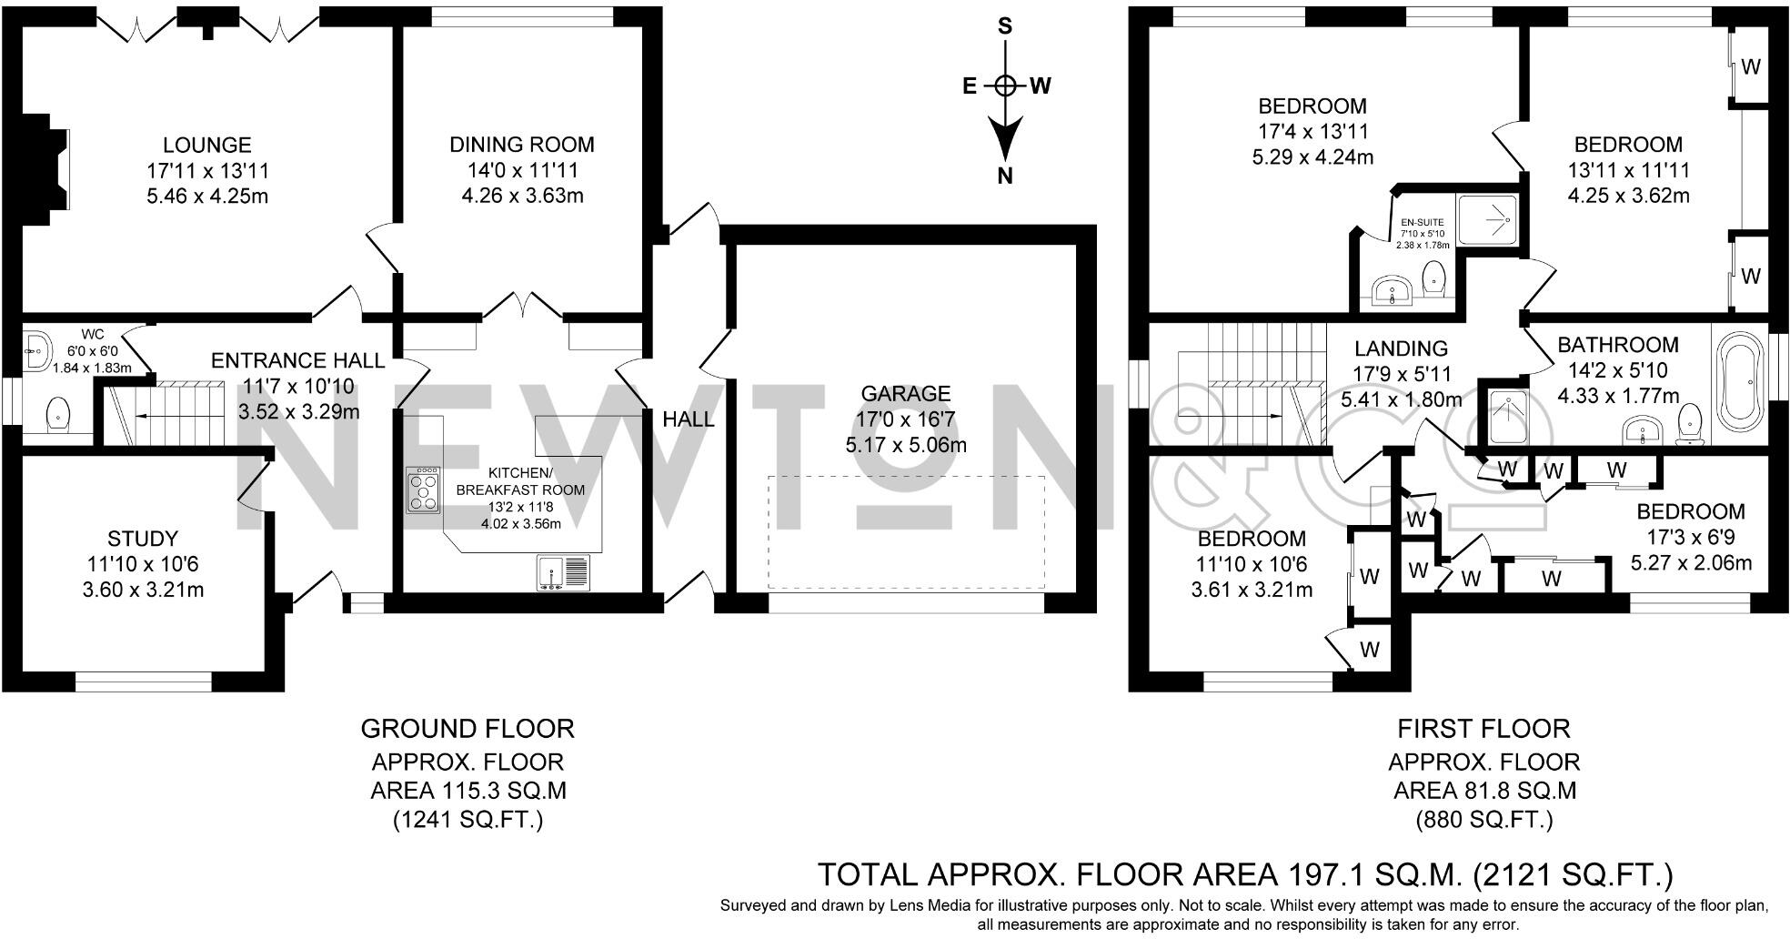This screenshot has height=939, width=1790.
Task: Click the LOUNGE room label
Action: [x=207, y=145]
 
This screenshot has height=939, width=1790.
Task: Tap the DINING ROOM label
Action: [x=522, y=145]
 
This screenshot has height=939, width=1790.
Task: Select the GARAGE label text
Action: [x=906, y=394]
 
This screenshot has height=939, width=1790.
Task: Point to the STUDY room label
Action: [x=143, y=539]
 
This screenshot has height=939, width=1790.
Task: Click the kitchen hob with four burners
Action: [x=423, y=490]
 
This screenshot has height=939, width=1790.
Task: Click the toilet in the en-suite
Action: [x=1434, y=278]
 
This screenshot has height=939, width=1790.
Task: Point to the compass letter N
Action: [x=1005, y=177]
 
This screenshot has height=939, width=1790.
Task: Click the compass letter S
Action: [x=1005, y=25]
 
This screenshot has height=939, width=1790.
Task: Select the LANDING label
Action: [x=1401, y=348]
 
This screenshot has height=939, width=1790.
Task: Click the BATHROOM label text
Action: [x=1618, y=345]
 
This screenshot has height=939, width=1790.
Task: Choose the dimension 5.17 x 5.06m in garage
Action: [x=906, y=445]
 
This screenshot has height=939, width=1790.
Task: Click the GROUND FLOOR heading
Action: [x=468, y=729]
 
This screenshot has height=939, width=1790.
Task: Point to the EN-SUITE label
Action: [x=1423, y=222]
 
